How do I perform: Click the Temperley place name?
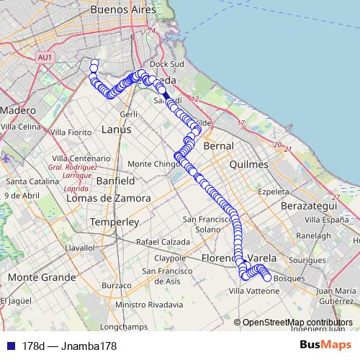[x=113, y=222]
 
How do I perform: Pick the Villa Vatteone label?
[x=253, y=291]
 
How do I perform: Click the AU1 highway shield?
[x=45, y=57]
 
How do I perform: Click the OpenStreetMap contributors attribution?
[x=297, y=323]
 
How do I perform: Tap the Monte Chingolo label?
[x=153, y=163]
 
